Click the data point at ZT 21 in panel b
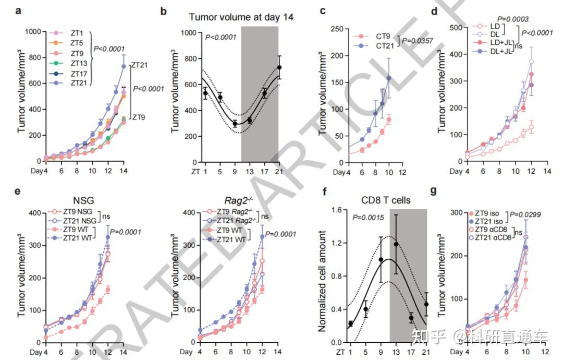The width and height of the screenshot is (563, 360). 279,67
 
